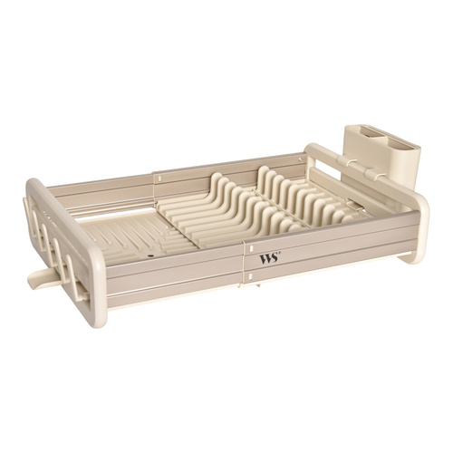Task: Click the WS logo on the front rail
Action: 268,259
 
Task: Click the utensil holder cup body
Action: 382,157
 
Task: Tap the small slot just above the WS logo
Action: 251,248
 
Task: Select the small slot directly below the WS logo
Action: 250,275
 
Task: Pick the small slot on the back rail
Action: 159,178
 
